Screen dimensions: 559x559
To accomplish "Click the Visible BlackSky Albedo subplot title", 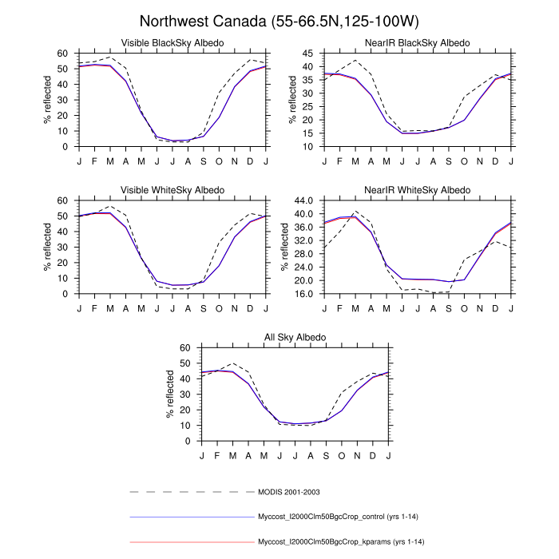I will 172,42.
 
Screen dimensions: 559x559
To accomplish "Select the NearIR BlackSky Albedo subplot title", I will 418,42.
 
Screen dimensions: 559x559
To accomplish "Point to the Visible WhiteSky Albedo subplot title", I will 172,190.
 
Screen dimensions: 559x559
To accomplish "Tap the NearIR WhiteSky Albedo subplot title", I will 418,190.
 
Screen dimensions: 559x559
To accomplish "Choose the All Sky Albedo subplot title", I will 295,338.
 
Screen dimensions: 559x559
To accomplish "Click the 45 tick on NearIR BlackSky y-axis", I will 309,54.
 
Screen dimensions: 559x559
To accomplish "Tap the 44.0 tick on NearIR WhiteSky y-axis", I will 304,200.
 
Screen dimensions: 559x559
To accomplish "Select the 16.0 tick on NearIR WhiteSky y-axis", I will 304,294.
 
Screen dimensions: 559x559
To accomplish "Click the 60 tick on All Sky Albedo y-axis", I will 186,348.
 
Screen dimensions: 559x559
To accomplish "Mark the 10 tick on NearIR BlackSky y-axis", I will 309,147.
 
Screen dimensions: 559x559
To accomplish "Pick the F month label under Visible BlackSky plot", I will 94,161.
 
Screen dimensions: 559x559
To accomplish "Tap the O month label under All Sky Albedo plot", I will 342,455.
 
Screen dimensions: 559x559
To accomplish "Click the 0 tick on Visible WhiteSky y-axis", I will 66,294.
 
